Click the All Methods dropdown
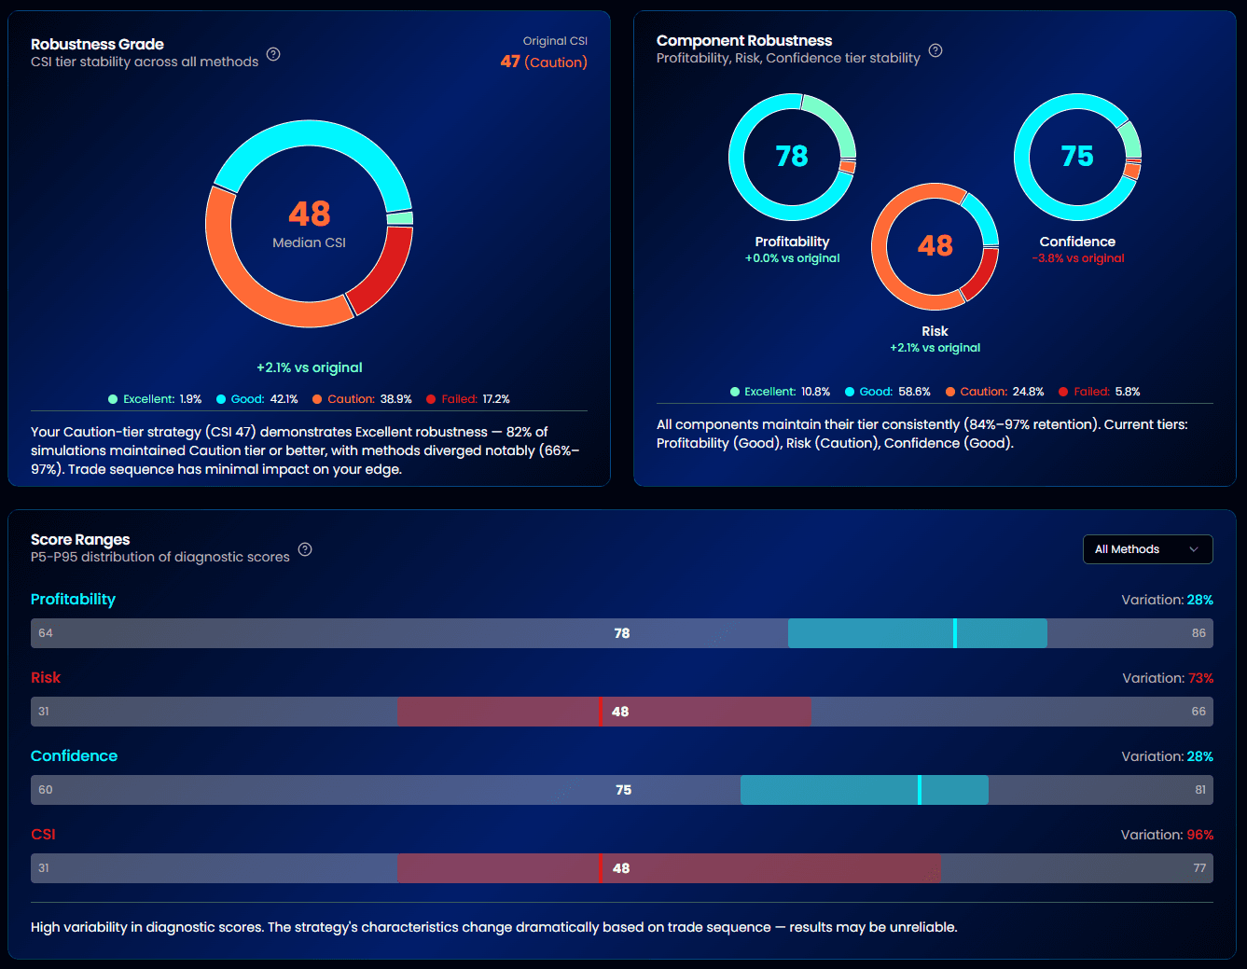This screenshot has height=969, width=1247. (x=1147, y=549)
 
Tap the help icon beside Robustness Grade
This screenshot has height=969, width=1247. (x=273, y=54)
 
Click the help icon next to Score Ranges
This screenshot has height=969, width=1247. (x=305, y=549)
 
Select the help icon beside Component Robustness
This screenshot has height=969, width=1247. (x=935, y=50)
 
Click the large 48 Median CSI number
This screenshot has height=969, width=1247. (x=309, y=214)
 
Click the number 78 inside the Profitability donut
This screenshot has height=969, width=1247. (x=792, y=156)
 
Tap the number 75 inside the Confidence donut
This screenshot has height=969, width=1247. (x=1077, y=156)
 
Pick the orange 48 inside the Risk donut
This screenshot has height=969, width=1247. (x=935, y=245)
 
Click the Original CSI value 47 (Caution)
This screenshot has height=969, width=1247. (x=544, y=62)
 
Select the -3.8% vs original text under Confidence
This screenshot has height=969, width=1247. (x=1078, y=258)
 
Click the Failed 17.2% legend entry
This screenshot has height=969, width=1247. (x=468, y=399)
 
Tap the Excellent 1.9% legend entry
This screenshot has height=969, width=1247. (x=155, y=399)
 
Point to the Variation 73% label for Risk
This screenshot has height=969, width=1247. (x=1168, y=678)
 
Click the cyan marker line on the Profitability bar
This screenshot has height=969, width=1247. (x=955, y=633)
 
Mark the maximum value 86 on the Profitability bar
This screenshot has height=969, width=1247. (x=1199, y=633)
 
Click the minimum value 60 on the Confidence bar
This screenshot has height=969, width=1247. (x=46, y=790)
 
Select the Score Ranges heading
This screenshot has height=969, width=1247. (x=80, y=539)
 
